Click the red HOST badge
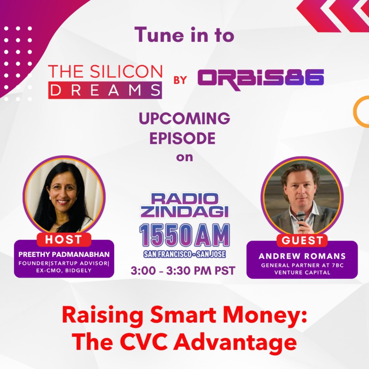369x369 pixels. (64, 240)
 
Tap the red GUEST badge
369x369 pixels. (302, 241)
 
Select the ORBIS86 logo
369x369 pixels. (261, 79)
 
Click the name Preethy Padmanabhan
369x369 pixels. (64, 255)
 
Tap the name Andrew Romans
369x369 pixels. (302, 256)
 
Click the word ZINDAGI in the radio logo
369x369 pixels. (184, 211)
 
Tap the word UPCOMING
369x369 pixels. (184, 119)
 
